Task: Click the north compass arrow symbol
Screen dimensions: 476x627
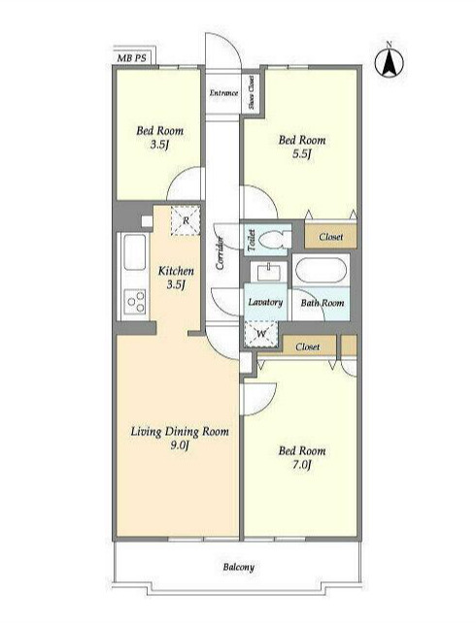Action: pyautogui.click(x=390, y=62)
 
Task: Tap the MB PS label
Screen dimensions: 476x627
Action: pyautogui.click(x=131, y=58)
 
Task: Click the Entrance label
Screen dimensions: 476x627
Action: pyautogui.click(x=223, y=93)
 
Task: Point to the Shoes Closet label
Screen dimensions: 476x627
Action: pyautogui.click(x=252, y=92)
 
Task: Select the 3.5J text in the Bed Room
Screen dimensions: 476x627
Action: pyautogui.click(x=159, y=145)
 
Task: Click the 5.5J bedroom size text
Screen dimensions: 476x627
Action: pyautogui.click(x=301, y=154)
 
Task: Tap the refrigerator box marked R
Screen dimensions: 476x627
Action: pyautogui.click(x=186, y=220)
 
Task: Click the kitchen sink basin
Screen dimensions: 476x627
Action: pyautogui.click(x=134, y=252)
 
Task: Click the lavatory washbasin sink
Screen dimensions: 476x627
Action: pyautogui.click(x=268, y=273)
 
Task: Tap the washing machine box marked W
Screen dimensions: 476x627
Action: pyautogui.click(x=260, y=334)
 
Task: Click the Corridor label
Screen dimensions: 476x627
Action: pyautogui.click(x=220, y=252)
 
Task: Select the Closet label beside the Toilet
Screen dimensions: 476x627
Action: pyautogui.click(x=331, y=237)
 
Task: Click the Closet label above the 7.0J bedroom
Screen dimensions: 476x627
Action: pyautogui.click(x=308, y=346)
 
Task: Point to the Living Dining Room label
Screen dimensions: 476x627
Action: pyautogui.click(x=180, y=432)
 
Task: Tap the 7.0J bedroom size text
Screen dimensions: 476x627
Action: pyautogui.click(x=301, y=465)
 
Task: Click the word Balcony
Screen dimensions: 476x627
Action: pyautogui.click(x=239, y=567)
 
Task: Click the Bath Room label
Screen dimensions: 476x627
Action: pyautogui.click(x=323, y=303)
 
